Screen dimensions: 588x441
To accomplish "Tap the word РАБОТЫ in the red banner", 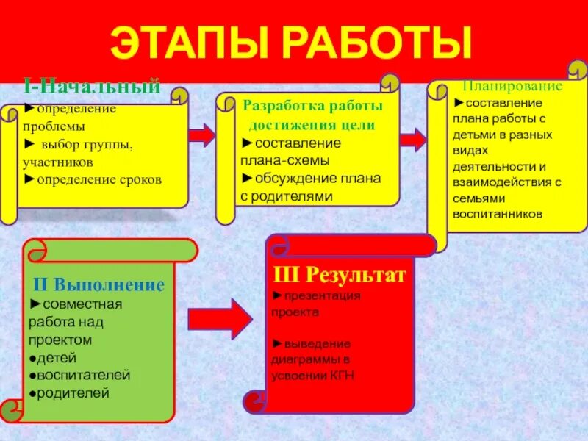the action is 375,43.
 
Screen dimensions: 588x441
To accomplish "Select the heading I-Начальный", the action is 91,86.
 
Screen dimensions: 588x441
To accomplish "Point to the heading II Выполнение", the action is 98,284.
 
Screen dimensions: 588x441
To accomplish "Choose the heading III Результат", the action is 339,276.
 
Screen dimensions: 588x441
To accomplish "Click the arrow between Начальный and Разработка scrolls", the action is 201,135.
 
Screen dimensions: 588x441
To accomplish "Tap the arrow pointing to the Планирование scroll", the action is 413,139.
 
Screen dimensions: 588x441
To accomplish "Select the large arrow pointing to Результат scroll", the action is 220,318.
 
